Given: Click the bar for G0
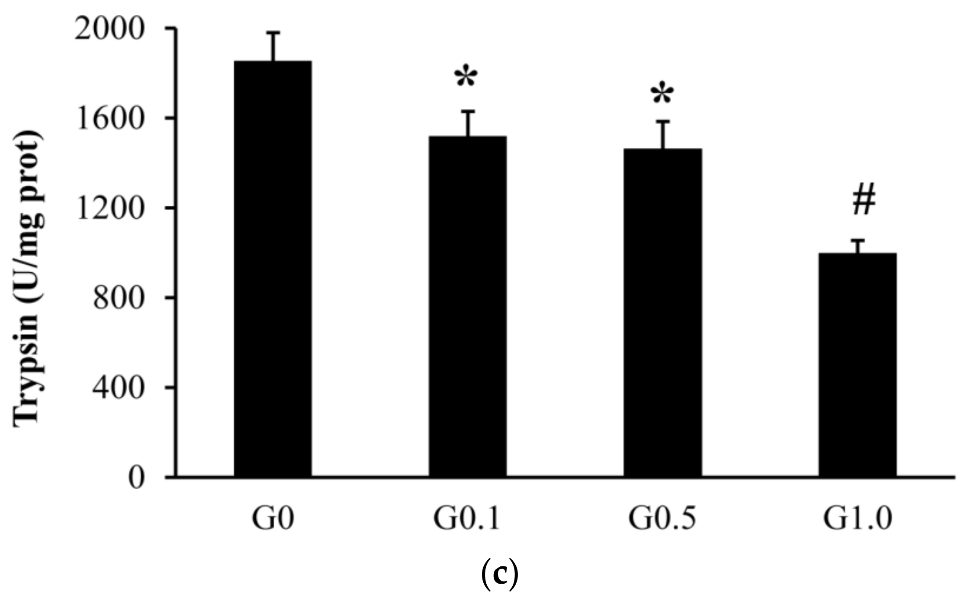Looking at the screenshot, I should (273, 268).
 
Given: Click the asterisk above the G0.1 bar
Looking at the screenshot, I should (466, 78).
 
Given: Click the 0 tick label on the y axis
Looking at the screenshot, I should (136, 478).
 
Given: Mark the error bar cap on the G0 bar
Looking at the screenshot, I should (273, 32).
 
